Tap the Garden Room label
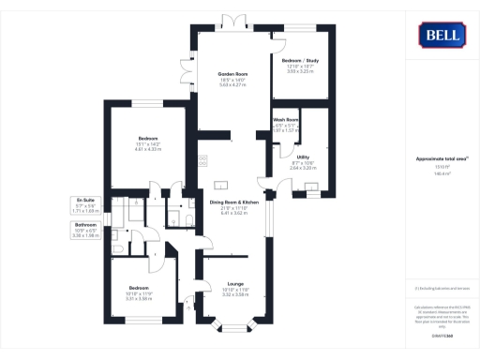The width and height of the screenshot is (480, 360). pyautogui.click(x=232, y=75)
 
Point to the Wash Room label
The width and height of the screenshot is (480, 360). pyautogui.click(x=286, y=121)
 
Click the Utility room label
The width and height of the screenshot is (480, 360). pyautogui.click(x=303, y=157)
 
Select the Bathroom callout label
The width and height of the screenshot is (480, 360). pyautogui.click(x=86, y=225)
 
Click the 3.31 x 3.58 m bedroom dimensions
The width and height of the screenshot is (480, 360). pyautogui.click(x=139, y=299)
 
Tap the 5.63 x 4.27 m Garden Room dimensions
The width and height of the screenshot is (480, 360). pyautogui.click(x=232, y=85)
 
